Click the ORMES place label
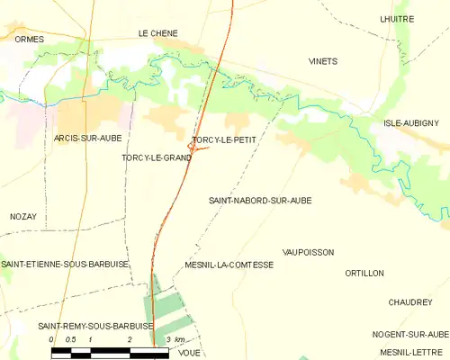[x=29, y=39]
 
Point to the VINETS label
[x=323, y=61]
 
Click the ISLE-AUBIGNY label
[x=410, y=122]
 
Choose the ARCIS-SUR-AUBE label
[x=87, y=138]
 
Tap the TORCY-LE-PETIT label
[x=222, y=140]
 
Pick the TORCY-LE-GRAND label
[x=157, y=157]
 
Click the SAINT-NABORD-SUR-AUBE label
[x=260, y=201]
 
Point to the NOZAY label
[x=23, y=217]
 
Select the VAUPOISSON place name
[x=308, y=253]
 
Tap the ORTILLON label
[x=364, y=273]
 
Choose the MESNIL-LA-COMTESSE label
[x=229, y=265]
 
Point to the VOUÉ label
[x=189, y=353]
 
